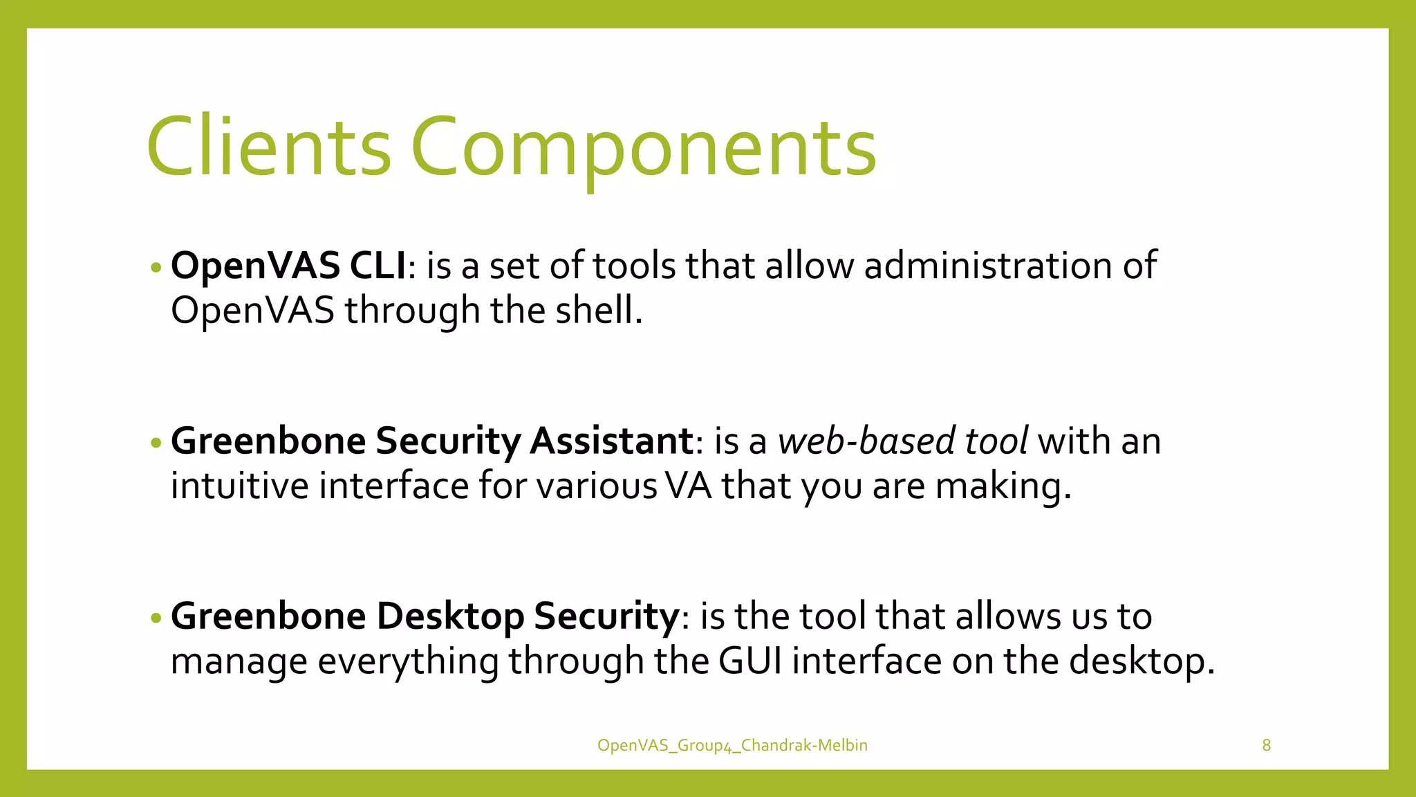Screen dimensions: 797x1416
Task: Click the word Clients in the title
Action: point(268,147)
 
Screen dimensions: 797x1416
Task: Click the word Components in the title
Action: point(643,147)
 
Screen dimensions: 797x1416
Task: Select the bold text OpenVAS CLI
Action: point(288,266)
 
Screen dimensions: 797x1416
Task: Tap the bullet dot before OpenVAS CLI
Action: point(156,267)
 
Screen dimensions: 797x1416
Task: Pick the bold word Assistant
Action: point(611,441)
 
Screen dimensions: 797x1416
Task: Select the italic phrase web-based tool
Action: point(902,441)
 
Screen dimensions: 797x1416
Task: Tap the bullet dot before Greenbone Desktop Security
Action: point(156,617)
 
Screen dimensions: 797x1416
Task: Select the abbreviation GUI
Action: point(750,661)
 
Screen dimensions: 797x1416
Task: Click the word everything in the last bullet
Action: point(407,661)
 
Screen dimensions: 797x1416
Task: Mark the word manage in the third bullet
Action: point(239,661)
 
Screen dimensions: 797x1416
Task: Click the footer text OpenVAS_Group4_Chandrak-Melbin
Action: point(732,745)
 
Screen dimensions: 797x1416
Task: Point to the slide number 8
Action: point(1266,745)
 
